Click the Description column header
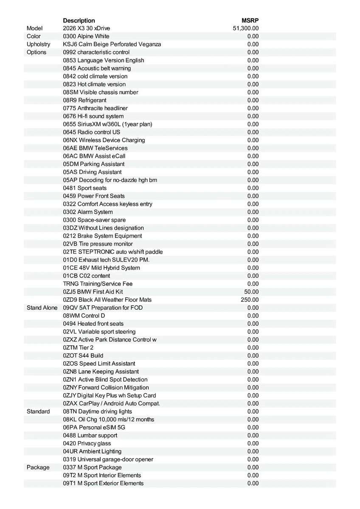[x=79, y=20]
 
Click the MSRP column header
[x=250, y=20]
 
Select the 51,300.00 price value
[x=246, y=28]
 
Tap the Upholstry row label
[x=38, y=44]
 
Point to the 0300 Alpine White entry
[x=86, y=36]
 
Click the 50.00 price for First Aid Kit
[x=251, y=292]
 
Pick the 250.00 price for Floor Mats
[x=250, y=300]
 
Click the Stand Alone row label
[x=42, y=308]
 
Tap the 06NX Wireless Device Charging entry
[x=104, y=140]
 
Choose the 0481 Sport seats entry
[x=85, y=188]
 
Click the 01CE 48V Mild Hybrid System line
[x=101, y=268]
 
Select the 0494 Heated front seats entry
[x=93, y=324]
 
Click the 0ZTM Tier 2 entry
[x=79, y=348]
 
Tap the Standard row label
[x=38, y=411]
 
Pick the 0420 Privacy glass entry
[x=87, y=443]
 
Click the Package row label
[x=38, y=467]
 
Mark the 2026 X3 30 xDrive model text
[x=87, y=28]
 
